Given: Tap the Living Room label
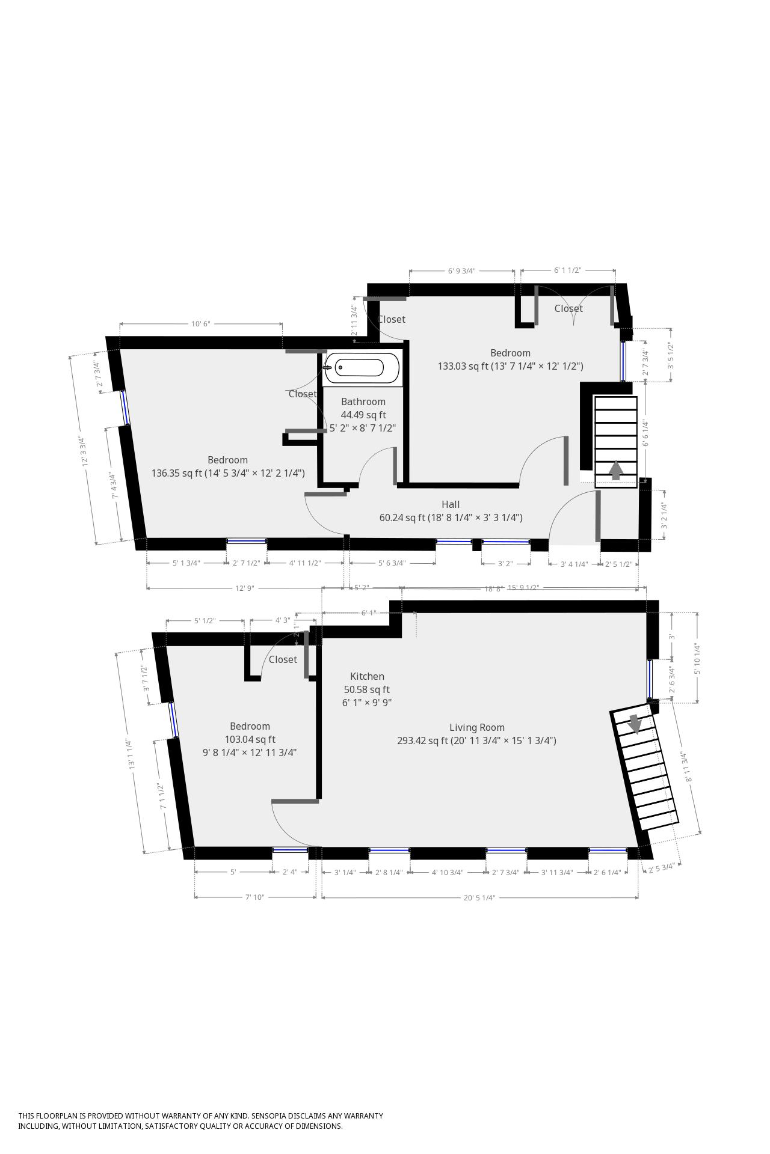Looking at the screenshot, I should coord(476,727).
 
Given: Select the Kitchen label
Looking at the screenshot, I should coord(367,676).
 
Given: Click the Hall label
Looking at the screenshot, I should coord(451,504).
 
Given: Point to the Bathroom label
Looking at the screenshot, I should coord(363,401).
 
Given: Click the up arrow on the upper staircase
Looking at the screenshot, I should coord(615,469).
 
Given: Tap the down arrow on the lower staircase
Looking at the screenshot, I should coord(634,724).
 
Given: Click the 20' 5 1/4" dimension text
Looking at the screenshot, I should coord(479,898).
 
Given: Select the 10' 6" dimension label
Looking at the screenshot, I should coord(200,324).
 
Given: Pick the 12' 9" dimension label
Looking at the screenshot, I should coord(244,588).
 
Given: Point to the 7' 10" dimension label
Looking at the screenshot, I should coord(254,897).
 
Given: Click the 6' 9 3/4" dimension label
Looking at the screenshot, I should coord(461,271).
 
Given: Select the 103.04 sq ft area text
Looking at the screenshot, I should coord(250,739).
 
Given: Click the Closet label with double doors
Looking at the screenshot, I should coord(568,308).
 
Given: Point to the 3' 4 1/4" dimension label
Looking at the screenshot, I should coord(574,564).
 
